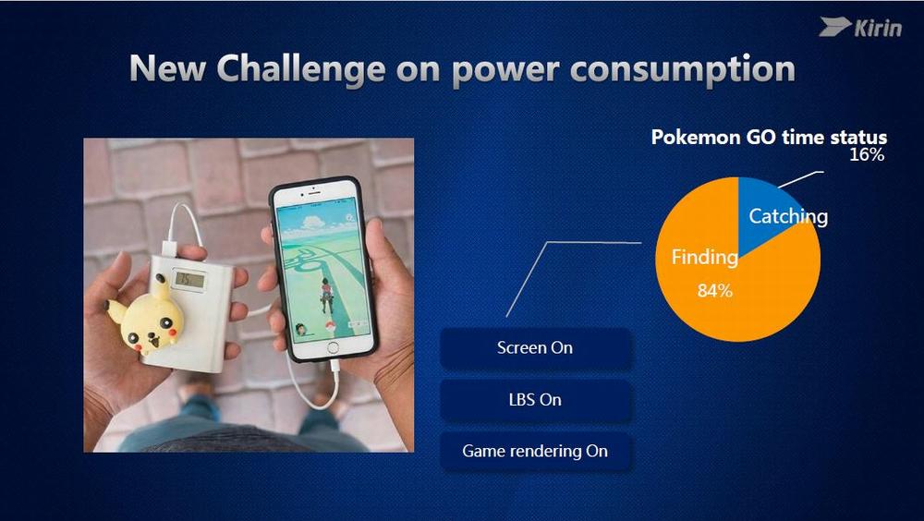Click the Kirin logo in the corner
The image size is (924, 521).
pos(860,28)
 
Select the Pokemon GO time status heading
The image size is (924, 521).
pos(769,137)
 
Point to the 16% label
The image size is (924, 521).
pos(867,155)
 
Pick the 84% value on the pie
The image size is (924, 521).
pos(715,290)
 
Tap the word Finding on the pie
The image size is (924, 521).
pos(705,257)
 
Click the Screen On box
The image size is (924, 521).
pos(535,347)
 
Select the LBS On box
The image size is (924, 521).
pos(535,400)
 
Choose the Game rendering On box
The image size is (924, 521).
pos(535,451)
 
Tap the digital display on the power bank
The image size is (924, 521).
pos(188,281)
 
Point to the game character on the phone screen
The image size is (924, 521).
pos(325,294)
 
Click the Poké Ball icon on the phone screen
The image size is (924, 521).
pos(330,326)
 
